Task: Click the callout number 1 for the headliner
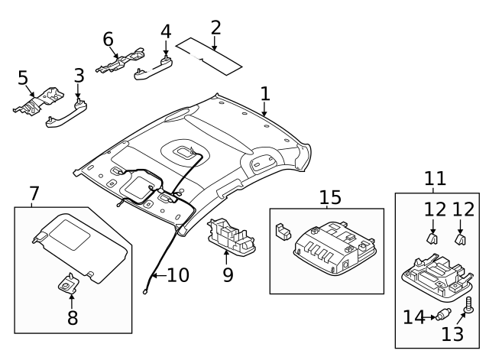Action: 264,94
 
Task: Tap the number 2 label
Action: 215,28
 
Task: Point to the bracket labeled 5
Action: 41,100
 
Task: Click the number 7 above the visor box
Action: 34,194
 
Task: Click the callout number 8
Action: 73,317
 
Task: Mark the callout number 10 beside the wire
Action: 177,275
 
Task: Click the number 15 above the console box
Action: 329,198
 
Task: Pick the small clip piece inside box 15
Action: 281,229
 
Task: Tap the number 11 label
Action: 435,180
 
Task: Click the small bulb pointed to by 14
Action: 442,316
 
